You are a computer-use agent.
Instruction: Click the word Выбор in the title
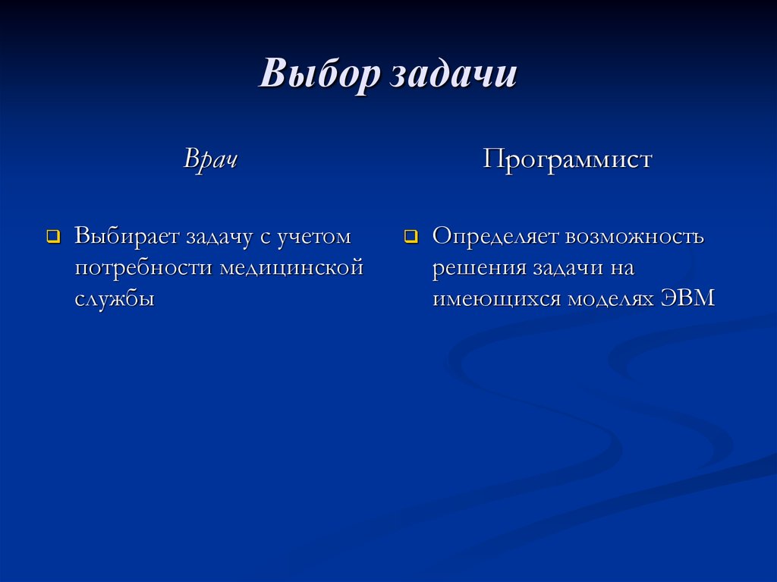tap(320, 76)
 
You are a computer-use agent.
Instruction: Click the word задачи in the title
tap(454, 76)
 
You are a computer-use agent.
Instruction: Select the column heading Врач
tap(210, 161)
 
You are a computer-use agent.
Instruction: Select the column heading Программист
tap(568, 161)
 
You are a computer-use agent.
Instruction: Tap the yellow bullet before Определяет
tap(411, 237)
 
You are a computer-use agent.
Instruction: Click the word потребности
tap(143, 267)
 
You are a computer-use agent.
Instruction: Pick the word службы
tap(115, 298)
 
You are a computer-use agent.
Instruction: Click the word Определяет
tap(495, 236)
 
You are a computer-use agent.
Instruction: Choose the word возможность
tap(634, 236)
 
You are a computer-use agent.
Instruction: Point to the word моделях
tap(612, 298)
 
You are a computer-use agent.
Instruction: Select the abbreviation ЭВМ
tap(690, 298)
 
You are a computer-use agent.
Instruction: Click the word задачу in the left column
tap(220, 236)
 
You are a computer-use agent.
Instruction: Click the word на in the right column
tap(620, 267)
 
